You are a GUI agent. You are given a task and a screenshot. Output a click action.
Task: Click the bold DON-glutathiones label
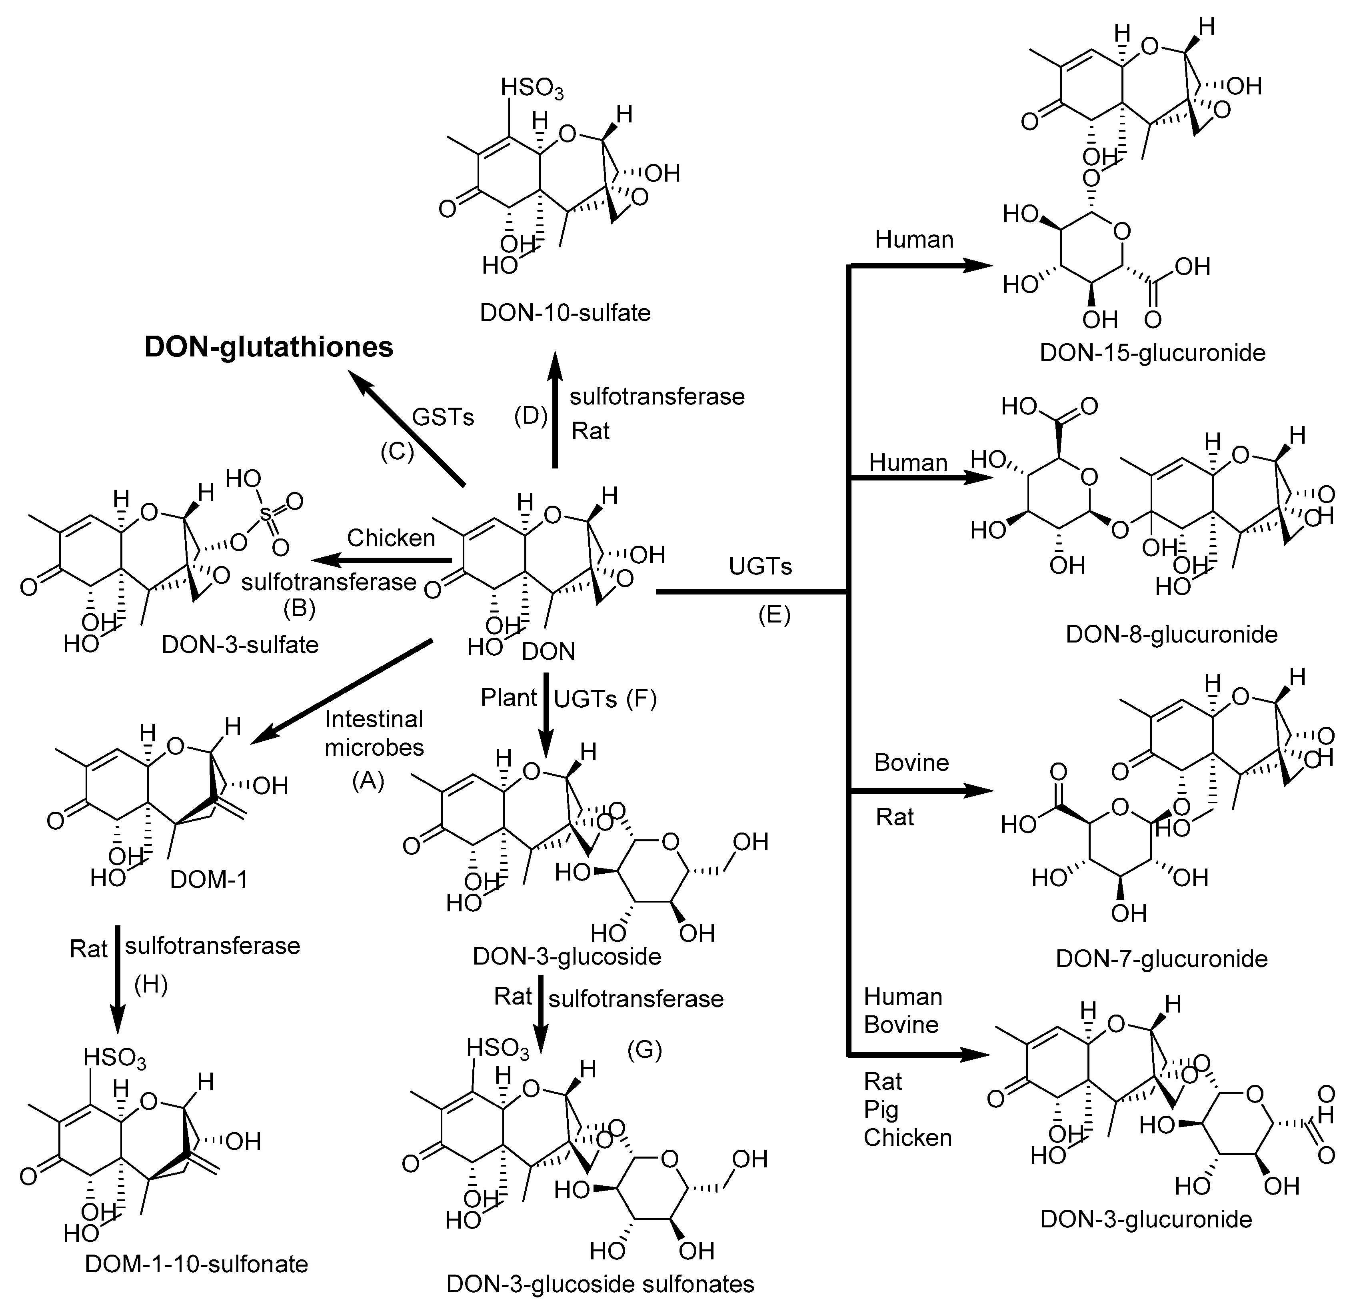click(x=269, y=347)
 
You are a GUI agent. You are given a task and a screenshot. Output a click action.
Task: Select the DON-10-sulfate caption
click(x=565, y=312)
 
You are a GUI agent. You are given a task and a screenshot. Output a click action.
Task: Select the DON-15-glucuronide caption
click(x=1153, y=353)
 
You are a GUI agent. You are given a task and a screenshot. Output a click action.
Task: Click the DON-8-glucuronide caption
click(x=1171, y=634)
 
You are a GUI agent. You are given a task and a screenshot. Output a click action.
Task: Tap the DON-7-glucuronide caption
click(x=1161, y=959)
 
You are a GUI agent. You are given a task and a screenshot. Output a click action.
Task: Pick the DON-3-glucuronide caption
click(x=1146, y=1219)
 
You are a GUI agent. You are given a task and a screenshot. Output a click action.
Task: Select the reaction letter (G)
click(x=644, y=1049)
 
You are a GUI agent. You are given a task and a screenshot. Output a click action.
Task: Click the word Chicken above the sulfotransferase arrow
click(x=391, y=538)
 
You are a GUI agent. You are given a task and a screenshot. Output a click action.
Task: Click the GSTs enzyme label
click(x=443, y=417)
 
